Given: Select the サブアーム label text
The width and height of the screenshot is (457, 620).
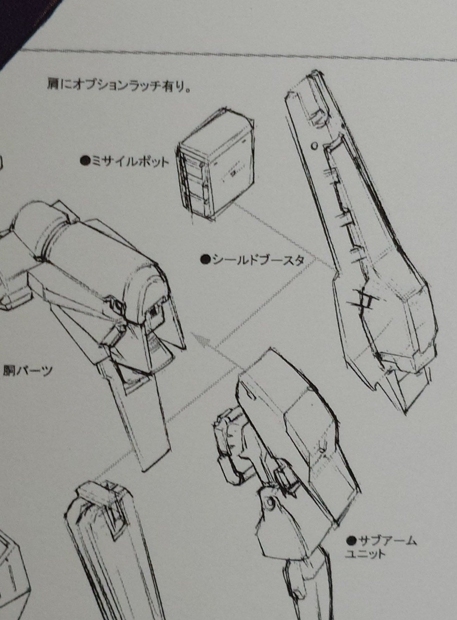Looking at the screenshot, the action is (386, 541).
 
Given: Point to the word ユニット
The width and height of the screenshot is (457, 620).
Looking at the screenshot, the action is (365, 555).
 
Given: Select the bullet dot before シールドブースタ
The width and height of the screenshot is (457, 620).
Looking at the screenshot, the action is (205, 259).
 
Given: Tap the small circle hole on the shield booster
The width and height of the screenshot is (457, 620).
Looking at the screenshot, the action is (315, 145).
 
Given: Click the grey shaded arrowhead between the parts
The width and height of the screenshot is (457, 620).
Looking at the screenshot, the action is (202, 340).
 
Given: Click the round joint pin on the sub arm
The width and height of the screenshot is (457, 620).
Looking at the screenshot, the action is (270, 502).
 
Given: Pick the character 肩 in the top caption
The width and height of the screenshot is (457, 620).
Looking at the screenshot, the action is (53, 85).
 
